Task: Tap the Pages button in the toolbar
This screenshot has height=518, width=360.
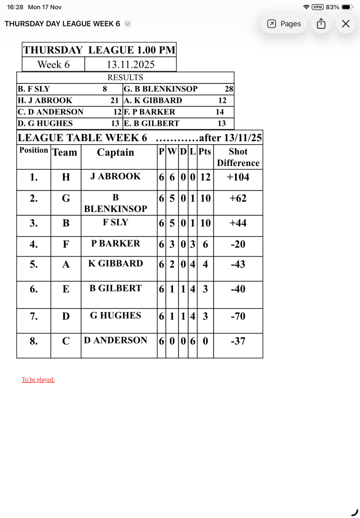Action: (x=284, y=24)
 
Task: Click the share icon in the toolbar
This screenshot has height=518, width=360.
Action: (x=321, y=24)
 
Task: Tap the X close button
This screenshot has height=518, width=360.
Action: (x=346, y=24)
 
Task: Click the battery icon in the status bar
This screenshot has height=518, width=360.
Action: (x=347, y=7)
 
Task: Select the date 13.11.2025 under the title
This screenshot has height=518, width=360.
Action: (x=130, y=65)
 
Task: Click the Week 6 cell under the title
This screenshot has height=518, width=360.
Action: (x=53, y=65)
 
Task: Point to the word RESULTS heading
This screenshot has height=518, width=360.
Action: (x=125, y=77)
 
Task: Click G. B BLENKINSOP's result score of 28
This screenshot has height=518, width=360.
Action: (x=229, y=89)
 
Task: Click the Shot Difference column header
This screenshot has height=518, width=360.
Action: (x=238, y=157)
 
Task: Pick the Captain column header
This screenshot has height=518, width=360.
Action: (x=116, y=153)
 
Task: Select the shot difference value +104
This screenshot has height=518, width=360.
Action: (x=238, y=177)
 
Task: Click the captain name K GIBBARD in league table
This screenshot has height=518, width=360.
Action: (x=116, y=264)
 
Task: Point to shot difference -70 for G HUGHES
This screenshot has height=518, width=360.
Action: (x=238, y=317)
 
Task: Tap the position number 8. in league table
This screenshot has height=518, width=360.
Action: (x=33, y=341)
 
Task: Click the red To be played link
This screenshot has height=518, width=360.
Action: (x=38, y=379)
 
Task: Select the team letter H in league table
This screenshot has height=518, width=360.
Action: (x=66, y=177)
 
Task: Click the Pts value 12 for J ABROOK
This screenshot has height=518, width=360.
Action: (x=205, y=177)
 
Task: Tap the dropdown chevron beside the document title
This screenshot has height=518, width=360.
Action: (x=127, y=24)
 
